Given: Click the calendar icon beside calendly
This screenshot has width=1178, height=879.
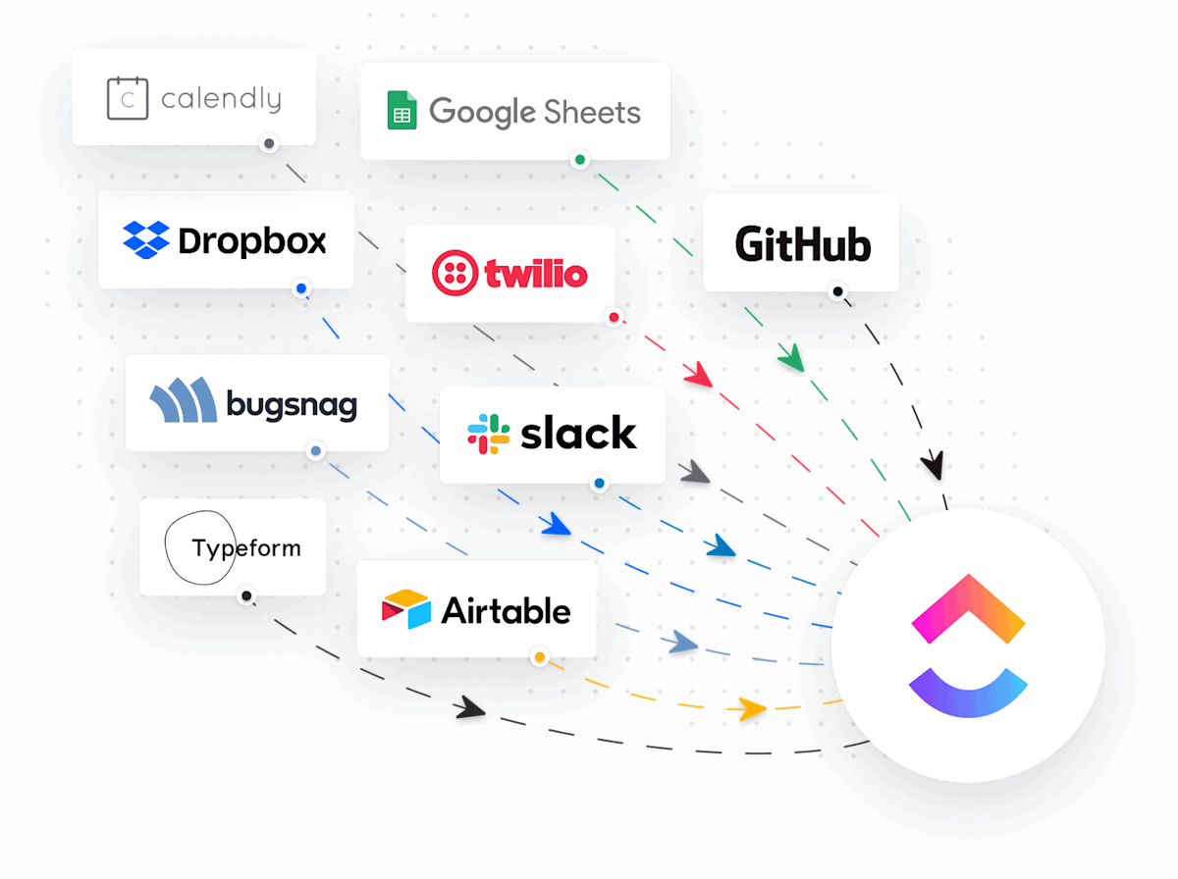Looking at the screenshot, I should pyautogui.click(x=127, y=98).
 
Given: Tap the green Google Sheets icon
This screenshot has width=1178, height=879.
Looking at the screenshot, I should pyautogui.click(x=401, y=111).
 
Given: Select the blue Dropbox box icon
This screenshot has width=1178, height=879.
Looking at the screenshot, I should pyautogui.click(x=146, y=240).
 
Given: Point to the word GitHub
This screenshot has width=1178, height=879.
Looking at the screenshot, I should pyautogui.click(x=802, y=243).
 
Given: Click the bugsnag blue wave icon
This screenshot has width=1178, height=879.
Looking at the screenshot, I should pyautogui.click(x=183, y=401).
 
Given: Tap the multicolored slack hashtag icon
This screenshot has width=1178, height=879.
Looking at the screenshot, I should pyautogui.click(x=488, y=434).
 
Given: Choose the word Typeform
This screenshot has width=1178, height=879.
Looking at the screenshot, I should pyautogui.click(x=246, y=547).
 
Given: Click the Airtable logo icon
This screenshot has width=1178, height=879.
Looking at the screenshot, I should pyautogui.click(x=406, y=609).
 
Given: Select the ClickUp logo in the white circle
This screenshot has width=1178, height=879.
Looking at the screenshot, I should pyautogui.click(x=968, y=645).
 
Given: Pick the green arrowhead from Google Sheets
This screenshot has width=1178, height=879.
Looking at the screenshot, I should pyautogui.click(x=790, y=357).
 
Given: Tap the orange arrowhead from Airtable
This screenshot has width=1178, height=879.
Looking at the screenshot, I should pyautogui.click(x=753, y=707).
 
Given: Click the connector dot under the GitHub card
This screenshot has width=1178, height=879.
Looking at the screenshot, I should pyautogui.click(x=836, y=291).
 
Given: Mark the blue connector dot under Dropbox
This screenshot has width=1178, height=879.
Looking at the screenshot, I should pyautogui.click(x=301, y=289).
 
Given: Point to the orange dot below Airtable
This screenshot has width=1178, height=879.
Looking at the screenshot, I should pyautogui.click(x=539, y=657).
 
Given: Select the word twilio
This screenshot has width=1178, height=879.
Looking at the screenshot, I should pyautogui.click(x=536, y=273).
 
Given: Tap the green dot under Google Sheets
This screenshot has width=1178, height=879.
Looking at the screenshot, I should pyautogui.click(x=579, y=159).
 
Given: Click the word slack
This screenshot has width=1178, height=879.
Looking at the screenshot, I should pyautogui.click(x=578, y=434).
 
